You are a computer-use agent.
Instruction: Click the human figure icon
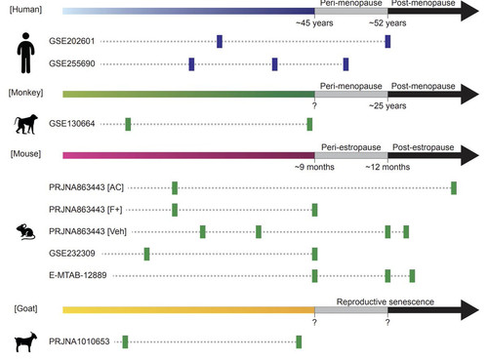coord(25,53)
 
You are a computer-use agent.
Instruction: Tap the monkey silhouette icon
coord(25,124)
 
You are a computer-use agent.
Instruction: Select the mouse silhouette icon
coord(25,231)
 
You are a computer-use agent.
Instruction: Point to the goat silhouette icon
coord(25,341)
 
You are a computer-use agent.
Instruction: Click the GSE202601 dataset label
coord(72,41)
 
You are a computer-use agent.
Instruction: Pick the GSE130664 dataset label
coord(72,124)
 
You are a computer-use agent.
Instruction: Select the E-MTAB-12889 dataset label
coord(78,275)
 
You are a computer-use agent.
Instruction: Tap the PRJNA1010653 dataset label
coord(79,341)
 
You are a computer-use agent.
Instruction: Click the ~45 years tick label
coord(314,23)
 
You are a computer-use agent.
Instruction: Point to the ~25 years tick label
coord(387,105)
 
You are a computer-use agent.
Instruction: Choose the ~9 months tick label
coord(314,167)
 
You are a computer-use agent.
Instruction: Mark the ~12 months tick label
coord(387,167)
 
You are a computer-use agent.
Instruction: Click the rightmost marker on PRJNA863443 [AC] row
coord(454,188)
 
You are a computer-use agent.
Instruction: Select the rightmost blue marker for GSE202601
coord(387,42)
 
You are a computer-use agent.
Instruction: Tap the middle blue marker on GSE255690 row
coord(274,64)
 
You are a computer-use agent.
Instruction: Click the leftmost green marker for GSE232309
coord(146,254)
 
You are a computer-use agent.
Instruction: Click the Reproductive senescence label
coord(386,301)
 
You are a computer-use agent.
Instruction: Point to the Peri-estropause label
coord(351,147)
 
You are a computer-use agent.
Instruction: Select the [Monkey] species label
coord(25,93)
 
